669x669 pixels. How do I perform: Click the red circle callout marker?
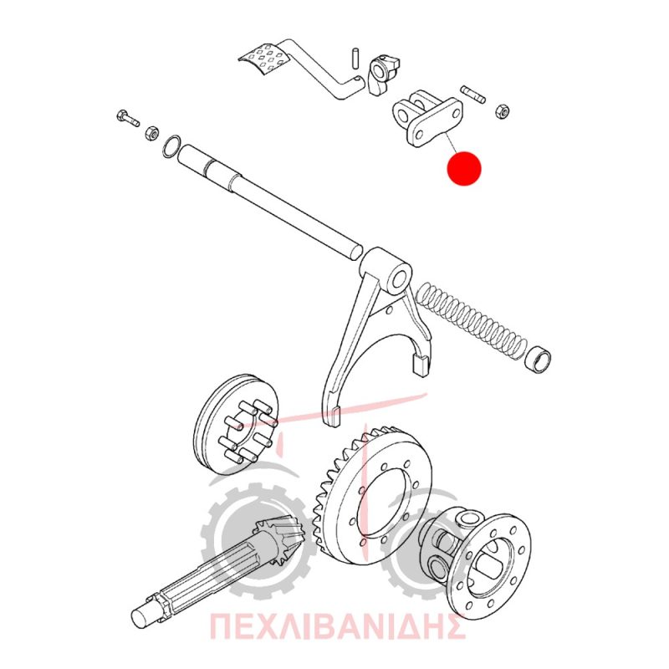(x=464, y=168)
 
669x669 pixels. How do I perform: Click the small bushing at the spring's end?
(x=538, y=360)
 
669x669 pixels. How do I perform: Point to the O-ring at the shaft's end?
(x=171, y=146)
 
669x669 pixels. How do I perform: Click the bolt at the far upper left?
(x=127, y=118)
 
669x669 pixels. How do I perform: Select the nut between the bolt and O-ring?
(x=152, y=133)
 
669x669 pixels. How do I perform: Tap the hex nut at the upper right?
(x=503, y=112)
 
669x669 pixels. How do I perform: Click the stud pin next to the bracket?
(x=472, y=94)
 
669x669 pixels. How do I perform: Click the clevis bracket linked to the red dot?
(x=426, y=119)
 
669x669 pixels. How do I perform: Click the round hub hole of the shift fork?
(x=399, y=280)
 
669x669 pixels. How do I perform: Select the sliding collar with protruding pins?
(x=236, y=424)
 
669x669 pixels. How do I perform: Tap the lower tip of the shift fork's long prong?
(x=333, y=425)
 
